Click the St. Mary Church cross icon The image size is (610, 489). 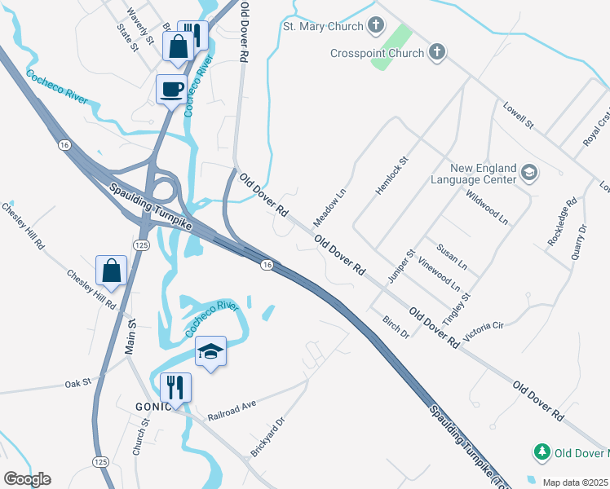pyautogui.click(x=376, y=26)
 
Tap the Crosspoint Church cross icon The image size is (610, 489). pyautogui.click(x=437, y=54)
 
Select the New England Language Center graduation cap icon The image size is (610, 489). pyautogui.click(x=529, y=173)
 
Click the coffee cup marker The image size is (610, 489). pyautogui.click(x=171, y=88)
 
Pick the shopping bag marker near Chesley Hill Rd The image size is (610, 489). pyautogui.click(x=111, y=271)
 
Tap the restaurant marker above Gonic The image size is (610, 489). pyautogui.click(x=176, y=387)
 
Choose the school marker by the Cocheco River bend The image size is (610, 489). pyautogui.click(x=210, y=351)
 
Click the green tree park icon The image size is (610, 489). pyautogui.click(x=541, y=452)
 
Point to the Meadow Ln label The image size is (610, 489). pyautogui.click(x=329, y=209)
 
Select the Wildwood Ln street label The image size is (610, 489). pyautogui.click(x=486, y=209)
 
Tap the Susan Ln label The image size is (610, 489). pyautogui.click(x=452, y=257)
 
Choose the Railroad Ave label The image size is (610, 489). pyautogui.click(x=232, y=407)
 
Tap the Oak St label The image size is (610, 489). pyautogui.click(x=77, y=381)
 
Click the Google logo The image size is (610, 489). pyautogui.click(x=27, y=479)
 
